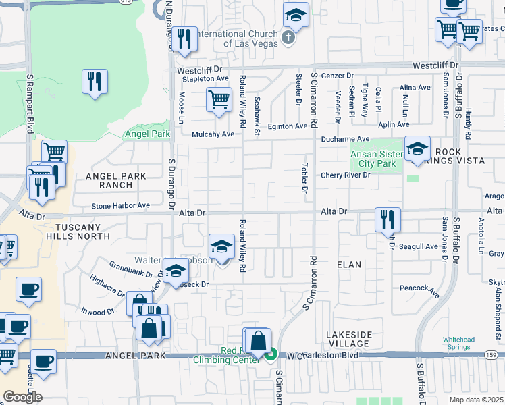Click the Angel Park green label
coord(148,134)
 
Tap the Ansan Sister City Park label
coord(373,159)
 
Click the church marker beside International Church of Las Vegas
coord(288,37)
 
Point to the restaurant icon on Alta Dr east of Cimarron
coord(388,219)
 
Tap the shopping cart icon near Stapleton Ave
coord(219,100)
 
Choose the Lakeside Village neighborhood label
coord(348,340)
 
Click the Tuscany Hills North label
coord(78,232)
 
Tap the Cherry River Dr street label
coord(346,175)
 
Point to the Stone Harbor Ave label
coord(121,205)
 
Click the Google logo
coord(22,397)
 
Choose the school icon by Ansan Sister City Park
coord(417,149)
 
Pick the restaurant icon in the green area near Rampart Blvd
coord(95,82)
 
